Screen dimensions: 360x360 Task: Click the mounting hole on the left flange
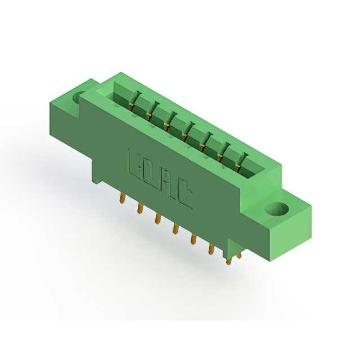tap(82, 97)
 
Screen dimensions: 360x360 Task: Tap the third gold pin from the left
tap(158, 219)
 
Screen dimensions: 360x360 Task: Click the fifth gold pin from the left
tap(193, 240)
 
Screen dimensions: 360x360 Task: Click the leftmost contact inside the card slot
tap(134, 101)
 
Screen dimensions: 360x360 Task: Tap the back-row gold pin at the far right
tap(240, 256)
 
